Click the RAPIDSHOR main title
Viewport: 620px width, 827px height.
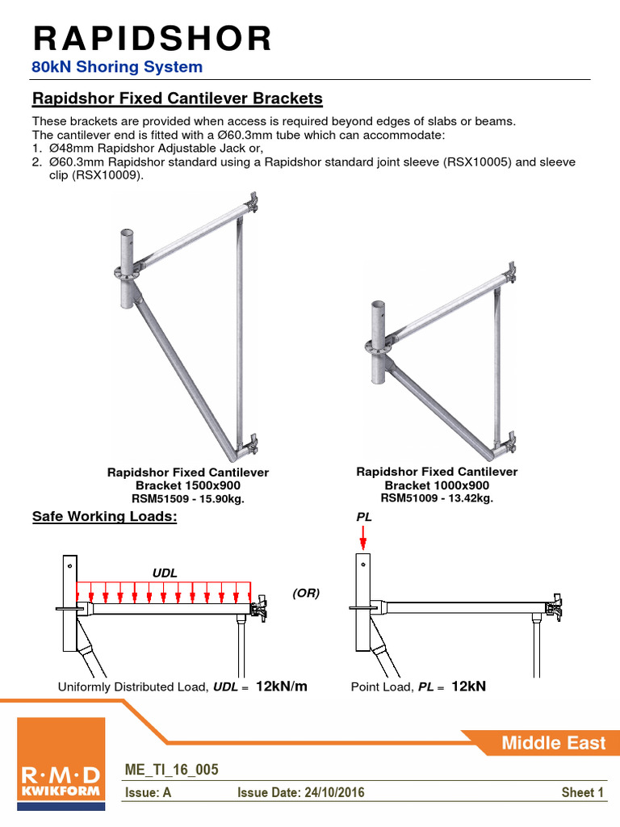point(152,38)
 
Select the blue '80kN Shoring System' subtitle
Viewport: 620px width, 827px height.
point(117,67)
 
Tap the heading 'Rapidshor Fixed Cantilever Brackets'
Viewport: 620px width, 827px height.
point(177,99)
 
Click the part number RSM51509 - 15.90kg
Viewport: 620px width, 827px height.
point(187,499)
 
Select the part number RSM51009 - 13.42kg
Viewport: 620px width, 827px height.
point(437,498)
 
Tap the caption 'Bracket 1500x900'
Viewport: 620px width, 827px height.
point(187,485)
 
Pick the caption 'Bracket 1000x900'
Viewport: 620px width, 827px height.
point(437,485)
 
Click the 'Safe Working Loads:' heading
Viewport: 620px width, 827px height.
point(103,517)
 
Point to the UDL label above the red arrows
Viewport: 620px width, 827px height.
point(165,573)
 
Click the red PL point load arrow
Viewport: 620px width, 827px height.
point(363,535)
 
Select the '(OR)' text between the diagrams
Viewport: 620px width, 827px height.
point(306,593)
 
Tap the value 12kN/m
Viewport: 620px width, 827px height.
point(282,686)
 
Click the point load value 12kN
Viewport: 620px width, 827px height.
point(468,686)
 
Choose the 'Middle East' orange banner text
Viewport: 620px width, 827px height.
point(553,743)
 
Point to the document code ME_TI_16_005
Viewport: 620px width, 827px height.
point(170,770)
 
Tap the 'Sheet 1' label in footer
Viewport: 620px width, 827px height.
point(582,793)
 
